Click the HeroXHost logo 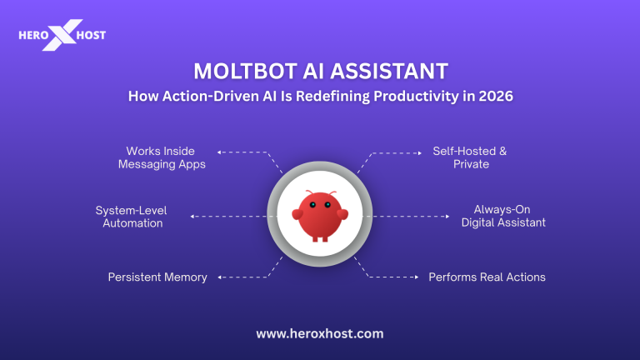(62, 36)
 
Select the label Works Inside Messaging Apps (160, 157)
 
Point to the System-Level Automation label (131, 217)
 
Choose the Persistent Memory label (157, 277)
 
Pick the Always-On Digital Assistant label (502, 217)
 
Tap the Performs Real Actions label (487, 277)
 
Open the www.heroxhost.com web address (319, 332)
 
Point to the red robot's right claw (342, 213)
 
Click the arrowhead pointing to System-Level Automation (193, 217)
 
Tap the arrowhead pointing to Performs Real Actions (415, 277)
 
